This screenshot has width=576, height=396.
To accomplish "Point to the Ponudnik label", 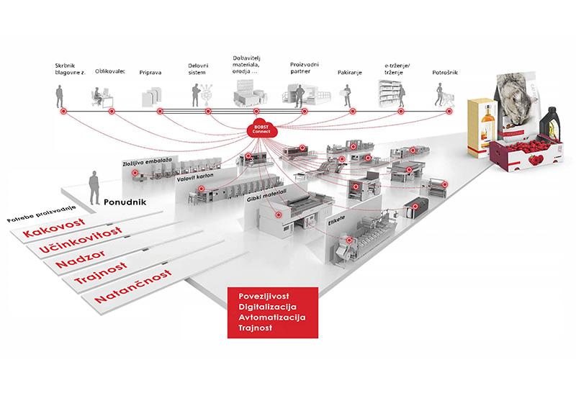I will [x=125, y=202].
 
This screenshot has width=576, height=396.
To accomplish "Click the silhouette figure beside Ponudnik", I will [x=93, y=188].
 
